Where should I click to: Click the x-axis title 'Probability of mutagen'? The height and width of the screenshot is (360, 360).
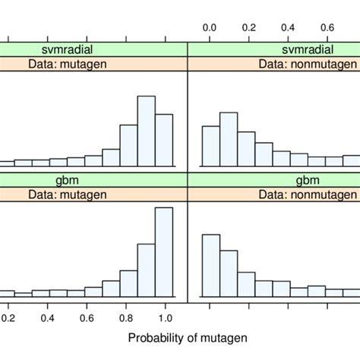coord(187,337)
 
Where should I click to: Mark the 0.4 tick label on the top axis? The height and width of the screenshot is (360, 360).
coord(289,27)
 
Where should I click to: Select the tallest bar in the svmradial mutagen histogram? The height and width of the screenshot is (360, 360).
coord(147,131)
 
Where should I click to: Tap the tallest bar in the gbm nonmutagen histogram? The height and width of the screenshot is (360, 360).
coord(210,266)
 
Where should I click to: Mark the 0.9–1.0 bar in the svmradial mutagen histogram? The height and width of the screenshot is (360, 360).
coord(164,140)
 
